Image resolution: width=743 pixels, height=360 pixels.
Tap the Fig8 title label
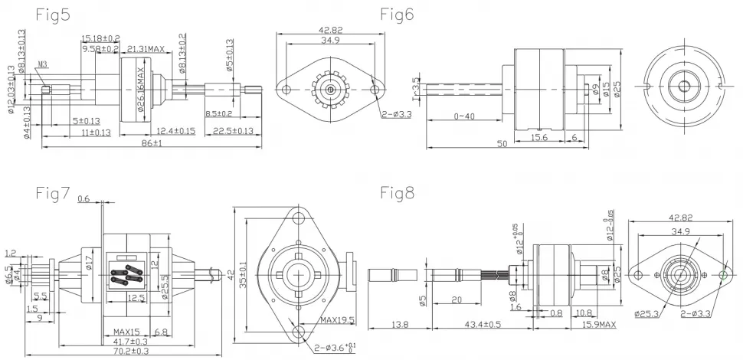[398, 192]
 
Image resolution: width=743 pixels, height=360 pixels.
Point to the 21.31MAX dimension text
[145, 48]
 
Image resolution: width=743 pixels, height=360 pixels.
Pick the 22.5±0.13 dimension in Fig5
[233, 130]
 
